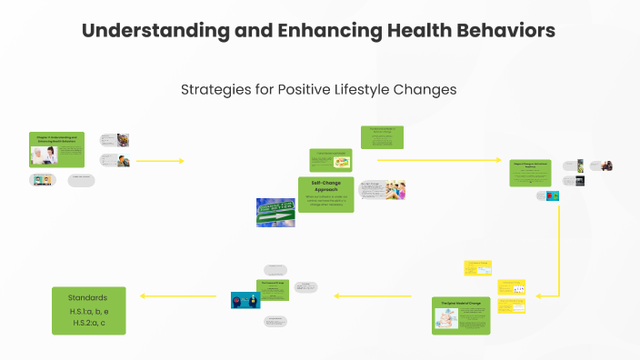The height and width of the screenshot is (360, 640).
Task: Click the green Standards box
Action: (x=87, y=310)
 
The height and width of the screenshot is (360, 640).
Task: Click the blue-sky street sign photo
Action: (x=275, y=211)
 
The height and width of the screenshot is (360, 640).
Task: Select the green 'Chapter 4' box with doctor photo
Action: (x=56, y=149)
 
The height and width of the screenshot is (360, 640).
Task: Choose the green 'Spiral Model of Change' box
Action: (x=461, y=315)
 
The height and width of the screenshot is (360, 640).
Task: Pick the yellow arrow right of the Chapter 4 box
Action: (x=159, y=161)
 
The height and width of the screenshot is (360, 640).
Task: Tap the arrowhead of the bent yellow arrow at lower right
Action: (x=539, y=295)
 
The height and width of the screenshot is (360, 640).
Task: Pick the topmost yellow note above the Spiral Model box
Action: (x=477, y=268)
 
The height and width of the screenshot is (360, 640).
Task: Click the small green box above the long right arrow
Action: (x=382, y=137)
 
